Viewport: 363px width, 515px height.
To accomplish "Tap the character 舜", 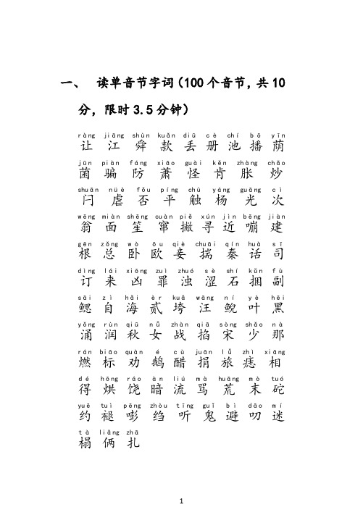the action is (x=142, y=148).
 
